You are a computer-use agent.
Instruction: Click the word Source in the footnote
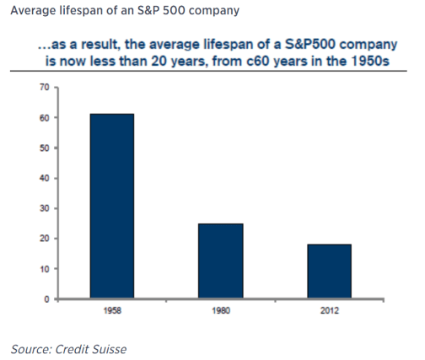pyautogui.click(x=27, y=347)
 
